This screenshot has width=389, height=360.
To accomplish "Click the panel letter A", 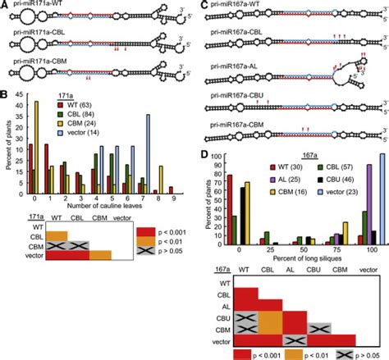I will pos(4,5).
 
